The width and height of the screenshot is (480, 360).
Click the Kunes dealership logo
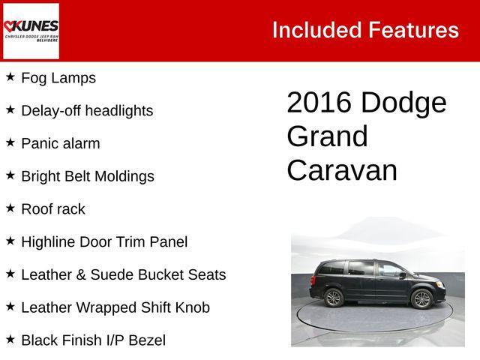pyautogui.click(x=31, y=31)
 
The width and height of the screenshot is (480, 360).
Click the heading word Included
pyautogui.click(x=316, y=30)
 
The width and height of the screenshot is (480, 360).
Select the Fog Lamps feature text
pyautogui.click(x=58, y=77)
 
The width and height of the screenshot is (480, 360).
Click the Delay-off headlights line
pyautogui.click(x=87, y=110)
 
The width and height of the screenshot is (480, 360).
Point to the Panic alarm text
pyautogui.click(x=60, y=143)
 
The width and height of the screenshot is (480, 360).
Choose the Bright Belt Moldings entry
pyautogui.click(x=88, y=176)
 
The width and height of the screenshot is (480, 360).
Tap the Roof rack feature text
pyautogui.click(x=53, y=209)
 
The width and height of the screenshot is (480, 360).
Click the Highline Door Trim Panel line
pyautogui.click(x=104, y=241)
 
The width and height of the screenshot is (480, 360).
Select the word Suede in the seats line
pyautogui.click(x=112, y=274)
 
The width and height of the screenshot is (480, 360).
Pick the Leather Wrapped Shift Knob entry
pyautogui.click(x=115, y=307)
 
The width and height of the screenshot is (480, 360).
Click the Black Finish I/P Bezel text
pyautogui.click(x=93, y=340)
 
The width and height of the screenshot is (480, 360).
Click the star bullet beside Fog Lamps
pyautogui.click(x=10, y=76)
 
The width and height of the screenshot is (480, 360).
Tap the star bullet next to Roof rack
pyautogui.click(x=10, y=208)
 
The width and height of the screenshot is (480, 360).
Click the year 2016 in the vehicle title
pyautogui.click(x=319, y=103)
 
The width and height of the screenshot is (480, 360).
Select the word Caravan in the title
pyautogui.click(x=342, y=170)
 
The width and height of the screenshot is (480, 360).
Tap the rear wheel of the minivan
pyautogui.click(x=333, y=298)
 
